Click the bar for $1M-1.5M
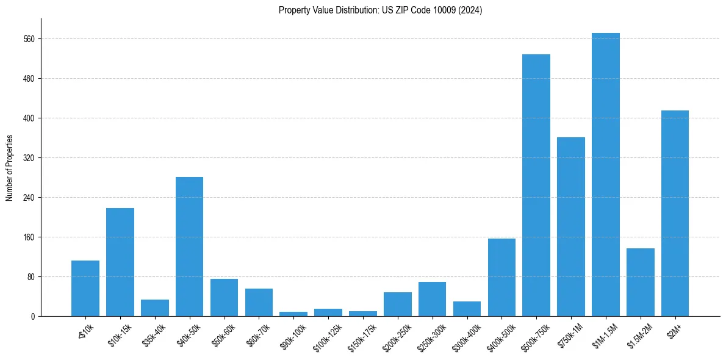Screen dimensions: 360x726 (x=605, y=175)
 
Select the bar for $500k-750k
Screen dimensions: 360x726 (x=536, y=185)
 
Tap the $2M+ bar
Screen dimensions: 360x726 (x=675, y=214)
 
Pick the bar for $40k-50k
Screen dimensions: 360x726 (x=189, y=247)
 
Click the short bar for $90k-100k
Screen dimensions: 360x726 (x=293, y=314)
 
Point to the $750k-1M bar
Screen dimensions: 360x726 (x=571, y=227)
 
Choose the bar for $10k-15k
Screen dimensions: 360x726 (x=120, y=262)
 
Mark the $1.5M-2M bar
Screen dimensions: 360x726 (x=640, y=283)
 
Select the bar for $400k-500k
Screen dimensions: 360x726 (x=501, y=278)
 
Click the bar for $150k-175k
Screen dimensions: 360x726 (x=363, y=314)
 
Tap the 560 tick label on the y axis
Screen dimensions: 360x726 (x=29, y=39)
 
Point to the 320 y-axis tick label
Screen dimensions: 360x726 (x=29, y=158)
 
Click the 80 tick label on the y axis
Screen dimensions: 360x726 (x=31, y=277)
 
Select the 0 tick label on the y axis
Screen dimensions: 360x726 (x=32, y=317)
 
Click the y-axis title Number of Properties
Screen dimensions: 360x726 (x=9, y=168)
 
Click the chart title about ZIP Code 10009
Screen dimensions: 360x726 (x=380, y=10)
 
